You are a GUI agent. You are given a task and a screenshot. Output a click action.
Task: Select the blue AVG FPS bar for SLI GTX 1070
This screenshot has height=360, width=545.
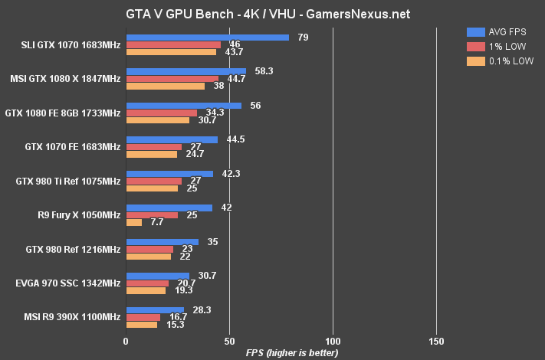point(207,37)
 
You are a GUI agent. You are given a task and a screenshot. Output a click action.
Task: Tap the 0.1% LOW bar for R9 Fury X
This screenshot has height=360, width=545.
point(133,223)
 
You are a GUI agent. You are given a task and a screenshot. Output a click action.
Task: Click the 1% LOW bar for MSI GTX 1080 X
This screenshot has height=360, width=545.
point(172,79)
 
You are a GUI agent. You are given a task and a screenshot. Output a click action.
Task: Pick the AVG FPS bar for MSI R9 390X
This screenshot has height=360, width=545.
point(155,310)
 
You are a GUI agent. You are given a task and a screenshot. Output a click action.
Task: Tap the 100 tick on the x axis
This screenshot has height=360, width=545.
point(333,340)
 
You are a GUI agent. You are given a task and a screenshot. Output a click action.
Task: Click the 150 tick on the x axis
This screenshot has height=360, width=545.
point(436,340)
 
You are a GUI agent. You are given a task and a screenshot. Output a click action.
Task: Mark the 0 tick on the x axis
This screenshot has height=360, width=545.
point(126,340)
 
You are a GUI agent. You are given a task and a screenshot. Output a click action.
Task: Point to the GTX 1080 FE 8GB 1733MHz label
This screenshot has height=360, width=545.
point(63,113)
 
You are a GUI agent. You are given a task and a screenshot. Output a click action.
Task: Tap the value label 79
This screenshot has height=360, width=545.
point(304,37)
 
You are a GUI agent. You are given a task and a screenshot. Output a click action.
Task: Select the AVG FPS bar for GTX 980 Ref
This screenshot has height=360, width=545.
point(162,242)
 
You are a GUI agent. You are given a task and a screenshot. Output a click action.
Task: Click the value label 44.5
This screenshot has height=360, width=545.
point(234,139)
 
